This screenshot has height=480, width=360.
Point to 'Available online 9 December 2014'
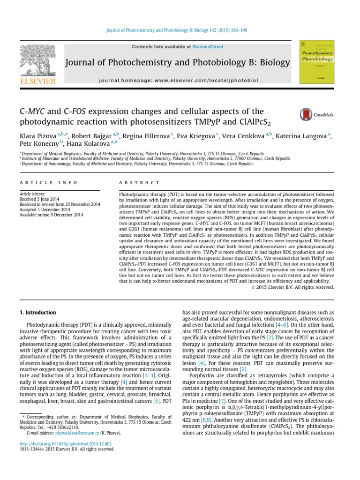click(51, 215)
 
